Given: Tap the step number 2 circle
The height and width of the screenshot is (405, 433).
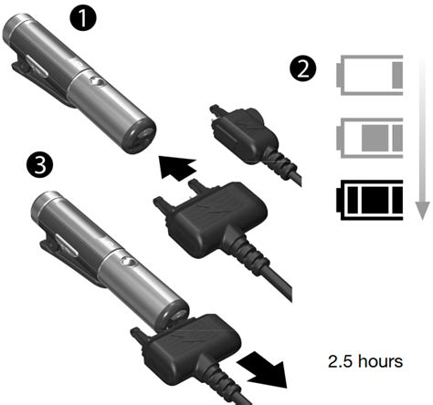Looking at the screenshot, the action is click(x=302, y=69).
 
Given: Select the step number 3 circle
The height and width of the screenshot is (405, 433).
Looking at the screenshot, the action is click(x=39, y=165).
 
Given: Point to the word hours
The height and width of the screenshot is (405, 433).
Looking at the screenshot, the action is click(x=380, y=361).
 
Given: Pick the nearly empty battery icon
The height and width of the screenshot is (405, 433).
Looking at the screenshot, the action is click(x=370, y=75).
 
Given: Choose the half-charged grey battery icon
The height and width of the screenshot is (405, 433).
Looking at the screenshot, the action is click(x=370, y=138).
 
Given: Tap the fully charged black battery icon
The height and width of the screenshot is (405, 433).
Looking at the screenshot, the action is click(x=370, y=200).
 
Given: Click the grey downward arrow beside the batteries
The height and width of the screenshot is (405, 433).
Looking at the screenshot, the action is click(x=422, y=140).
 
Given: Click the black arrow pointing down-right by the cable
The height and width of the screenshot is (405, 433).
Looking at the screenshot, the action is click(x=263, y=369).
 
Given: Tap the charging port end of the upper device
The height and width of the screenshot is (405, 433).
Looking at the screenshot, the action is click(x=142, y=136).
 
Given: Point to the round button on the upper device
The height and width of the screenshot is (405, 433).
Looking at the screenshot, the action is click(x=97, y=82).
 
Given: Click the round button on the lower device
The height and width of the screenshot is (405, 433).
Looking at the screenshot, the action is click(x=128, y=261).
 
